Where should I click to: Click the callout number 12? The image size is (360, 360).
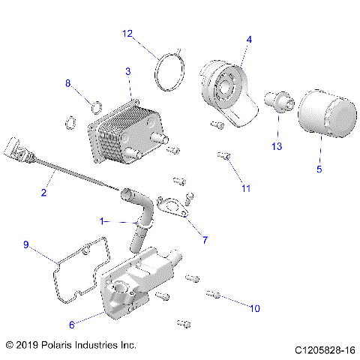coord(127,33)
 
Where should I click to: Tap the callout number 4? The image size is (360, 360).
coord(249,39)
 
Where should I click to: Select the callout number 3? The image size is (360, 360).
coord(127,70)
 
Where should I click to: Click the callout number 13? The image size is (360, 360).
coord(277,146)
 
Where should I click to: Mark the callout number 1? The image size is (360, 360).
coord(102,222)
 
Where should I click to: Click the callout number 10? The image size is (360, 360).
coord(254,307)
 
